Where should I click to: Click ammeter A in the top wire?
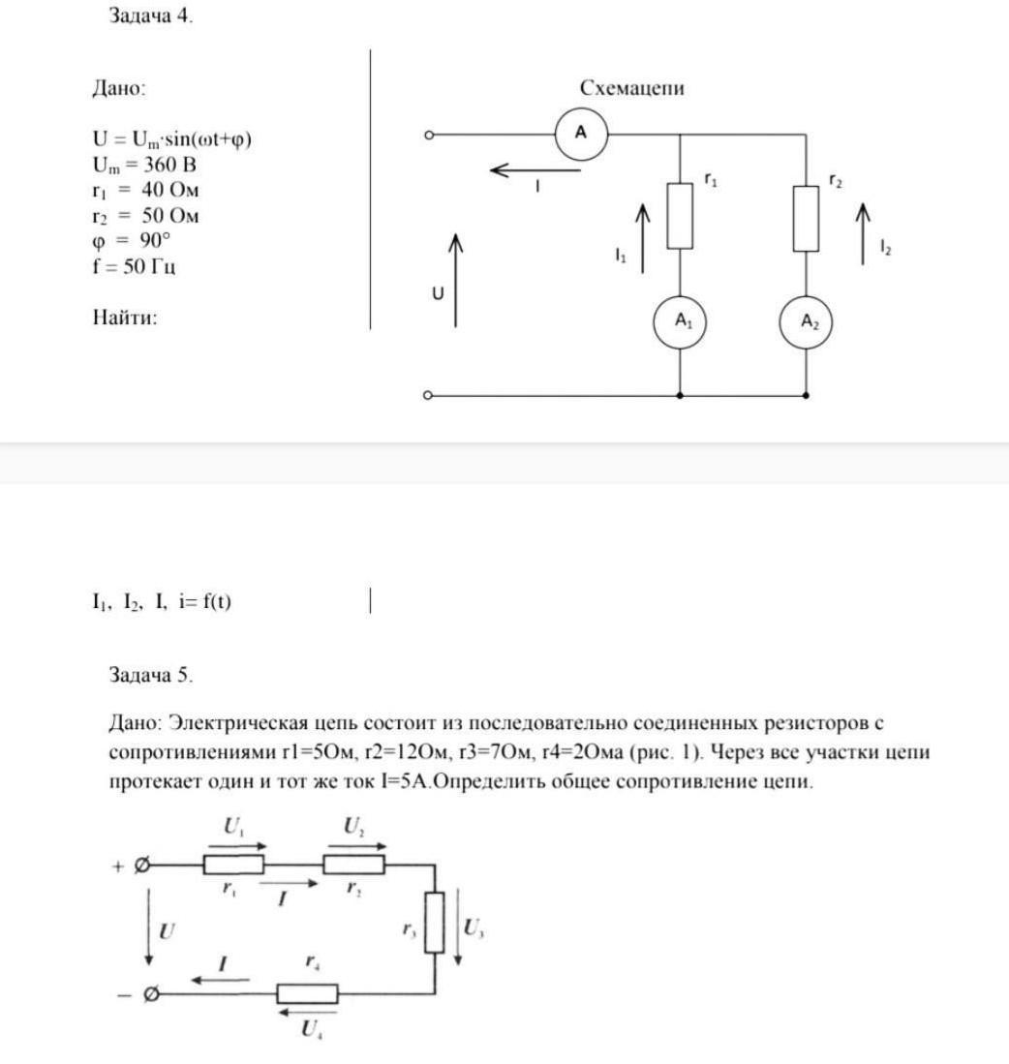pyautogui.click(x=581, y=134)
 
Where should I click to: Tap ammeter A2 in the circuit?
pyautogui.click(x=807, y=322)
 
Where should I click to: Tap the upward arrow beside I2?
pyautogui.click(x=864, y=232)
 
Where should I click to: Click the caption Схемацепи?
pyautogui.click(x=631, y=88)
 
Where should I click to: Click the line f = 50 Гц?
pyautogui.click(x=134, y=266)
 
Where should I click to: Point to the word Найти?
pyautogui.click(x=125, y=317)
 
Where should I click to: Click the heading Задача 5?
pyautogui.click(x=151, y=676)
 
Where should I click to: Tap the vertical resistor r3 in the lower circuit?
pyautogui.click(x=435, y=923)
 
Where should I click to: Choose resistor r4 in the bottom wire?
pyautogui.click(x=307, y=993)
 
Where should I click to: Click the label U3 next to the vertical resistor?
pyautogui.click(x=473, y=928)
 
